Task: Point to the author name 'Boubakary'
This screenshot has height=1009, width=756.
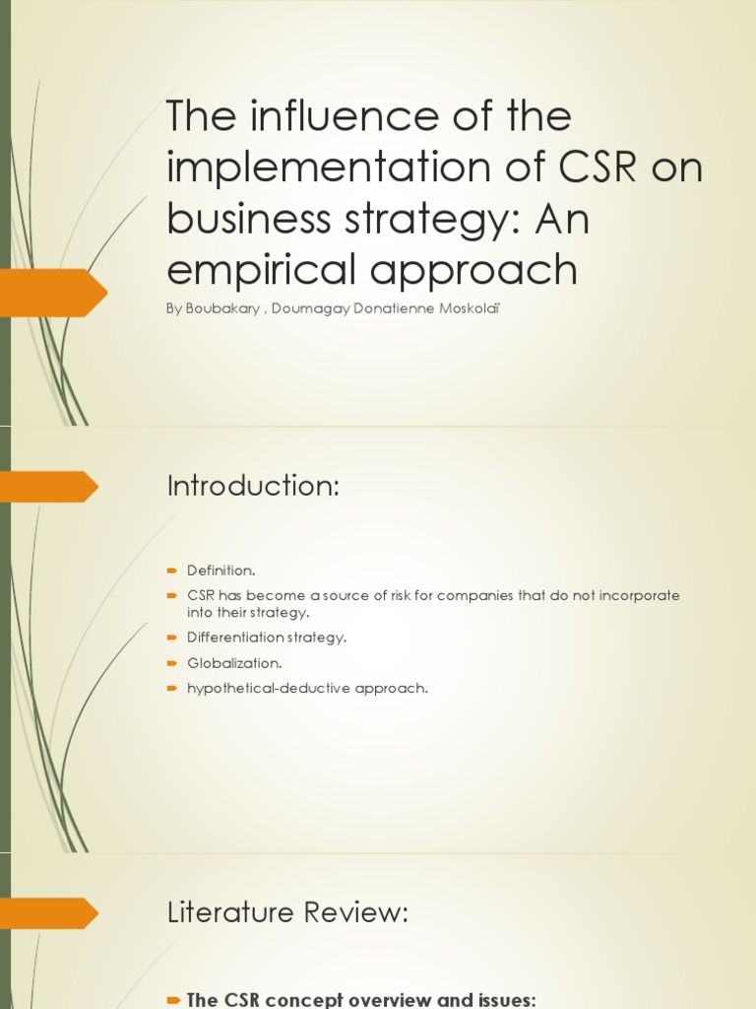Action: click(x=224, y=308)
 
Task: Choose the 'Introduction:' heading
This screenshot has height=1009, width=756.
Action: click(x=253, y=486)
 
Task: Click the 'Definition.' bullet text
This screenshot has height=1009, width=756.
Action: click(x=221, y=571)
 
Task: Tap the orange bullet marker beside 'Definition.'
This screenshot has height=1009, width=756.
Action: click(x=171, y=571)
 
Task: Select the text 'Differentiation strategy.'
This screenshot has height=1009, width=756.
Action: click(x=267, y=638)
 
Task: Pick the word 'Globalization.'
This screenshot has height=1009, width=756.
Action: click(x=234, y=663)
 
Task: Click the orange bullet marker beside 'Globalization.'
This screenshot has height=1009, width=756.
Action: click(x=171, y=663)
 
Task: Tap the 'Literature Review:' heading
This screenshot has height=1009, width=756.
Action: click(x=286, y=913)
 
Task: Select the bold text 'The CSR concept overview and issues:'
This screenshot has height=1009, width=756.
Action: click(x=360, y=999)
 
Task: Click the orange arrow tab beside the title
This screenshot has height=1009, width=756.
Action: click(x=54, y=293)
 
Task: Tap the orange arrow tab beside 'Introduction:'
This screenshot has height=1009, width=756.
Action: click(x=49, y=486)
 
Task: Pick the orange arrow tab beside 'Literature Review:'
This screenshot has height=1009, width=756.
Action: click(x=49, y=913)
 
